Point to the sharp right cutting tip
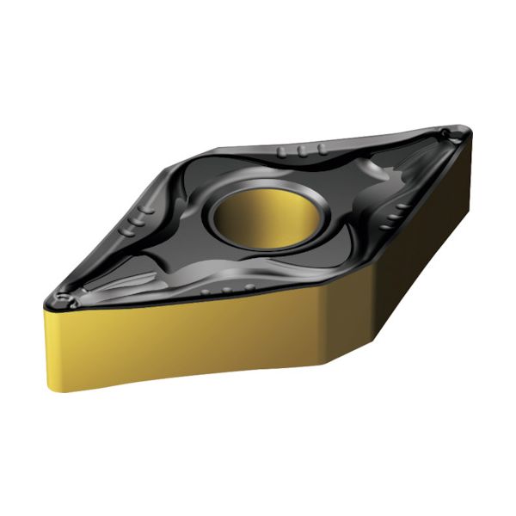pyautogui.click(x=469, y=131)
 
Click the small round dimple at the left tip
pyautogui.click(x=59, y=298)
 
